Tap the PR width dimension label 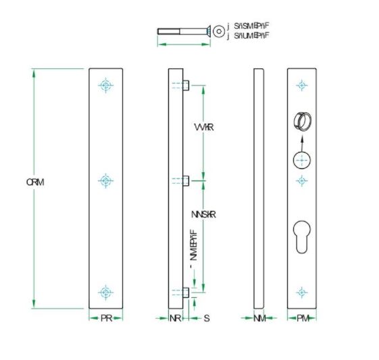[106, 318]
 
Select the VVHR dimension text [203, 128]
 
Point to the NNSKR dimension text [203, 215]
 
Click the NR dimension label [175, 318]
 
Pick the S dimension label [207, 318]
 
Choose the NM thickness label [259, 318]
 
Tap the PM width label [302, 318]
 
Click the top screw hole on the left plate [105, 85]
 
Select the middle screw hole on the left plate [105, 180]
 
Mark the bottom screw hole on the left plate [105, 292]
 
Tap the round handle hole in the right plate [302, 160]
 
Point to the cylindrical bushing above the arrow [301, 122]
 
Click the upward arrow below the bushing [302, 140]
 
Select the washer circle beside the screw [218, 31]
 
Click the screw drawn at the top [182, 31]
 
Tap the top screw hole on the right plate [302, 85]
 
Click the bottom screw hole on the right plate [302, 292]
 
